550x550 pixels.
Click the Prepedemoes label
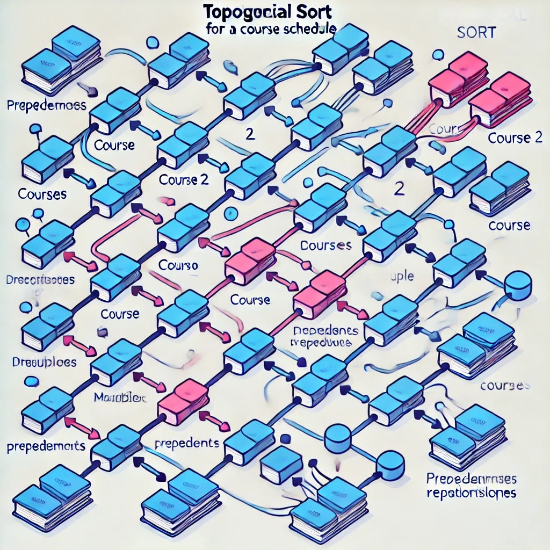click(47, 105)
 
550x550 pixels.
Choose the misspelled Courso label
click(179, 265)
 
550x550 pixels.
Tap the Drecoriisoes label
click(40, 280)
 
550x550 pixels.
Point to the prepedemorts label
click(47, 445)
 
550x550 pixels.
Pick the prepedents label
click(186, 444)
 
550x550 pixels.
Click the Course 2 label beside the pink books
click(515, 137)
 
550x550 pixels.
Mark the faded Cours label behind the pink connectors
click(443, 129)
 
